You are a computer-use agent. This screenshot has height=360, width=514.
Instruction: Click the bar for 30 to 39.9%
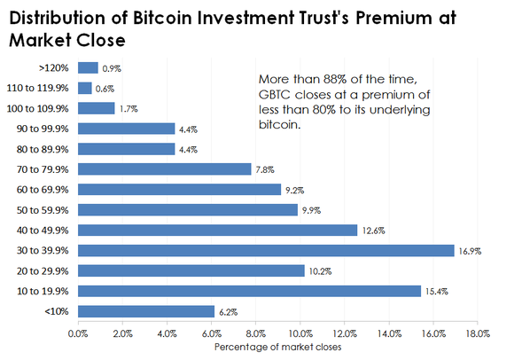266,250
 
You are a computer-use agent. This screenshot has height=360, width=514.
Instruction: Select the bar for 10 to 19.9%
249,291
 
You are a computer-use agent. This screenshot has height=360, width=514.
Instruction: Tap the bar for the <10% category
146,311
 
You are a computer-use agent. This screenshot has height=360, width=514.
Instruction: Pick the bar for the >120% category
88,67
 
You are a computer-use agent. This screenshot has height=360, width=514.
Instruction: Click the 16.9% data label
469,251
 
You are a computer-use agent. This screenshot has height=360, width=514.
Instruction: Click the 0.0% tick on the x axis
78,333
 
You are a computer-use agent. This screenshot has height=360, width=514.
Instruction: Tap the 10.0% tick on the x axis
300,333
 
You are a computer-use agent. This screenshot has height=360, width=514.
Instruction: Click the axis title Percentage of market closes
277,347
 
